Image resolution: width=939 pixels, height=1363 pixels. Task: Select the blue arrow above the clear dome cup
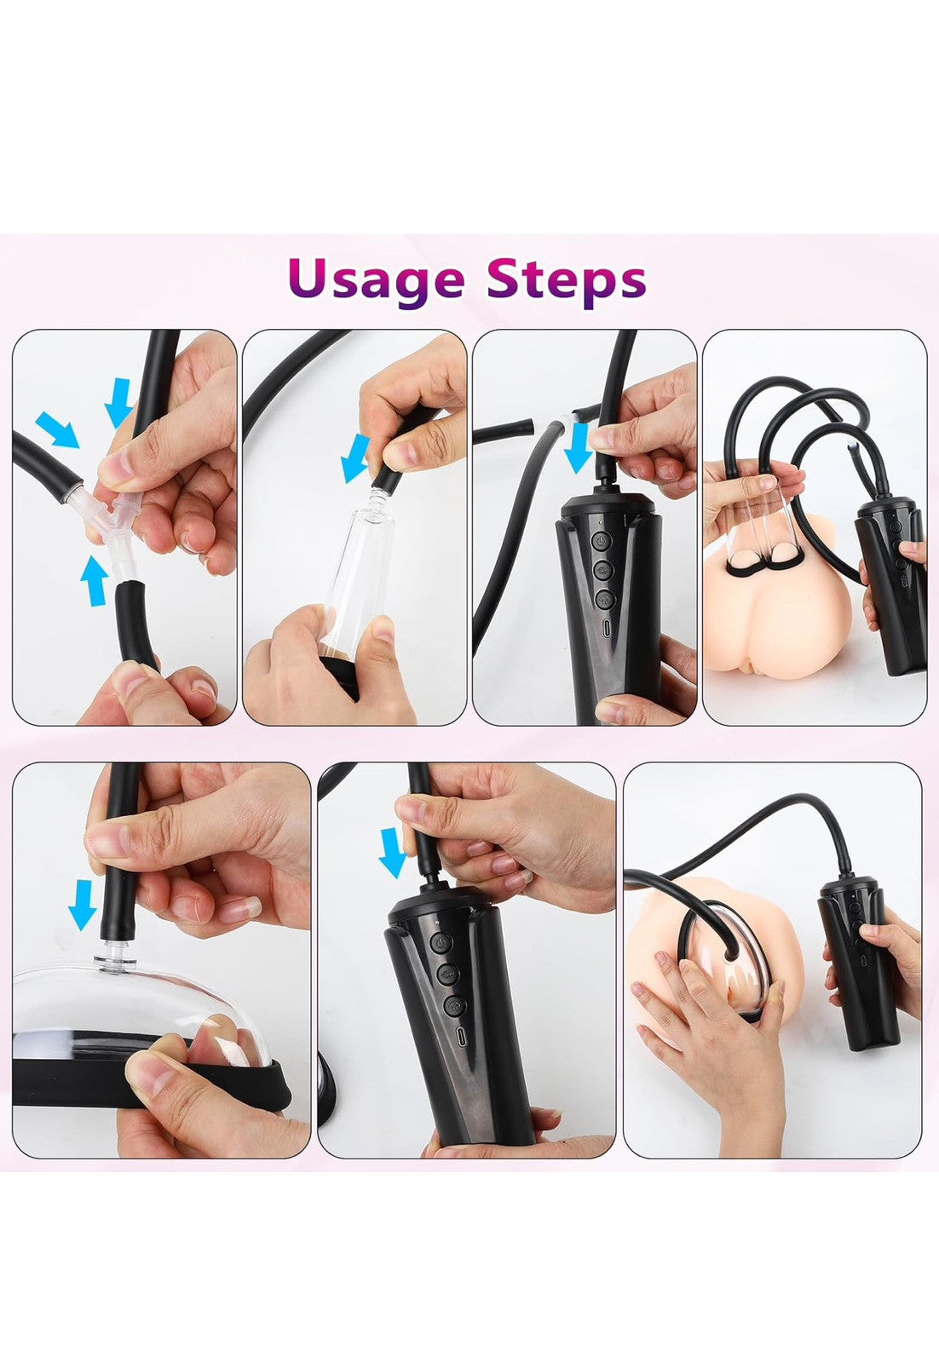point(82,905)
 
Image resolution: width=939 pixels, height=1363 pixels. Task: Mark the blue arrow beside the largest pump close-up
point(393,852)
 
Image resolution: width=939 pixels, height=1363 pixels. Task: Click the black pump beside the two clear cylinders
point(890,584)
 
